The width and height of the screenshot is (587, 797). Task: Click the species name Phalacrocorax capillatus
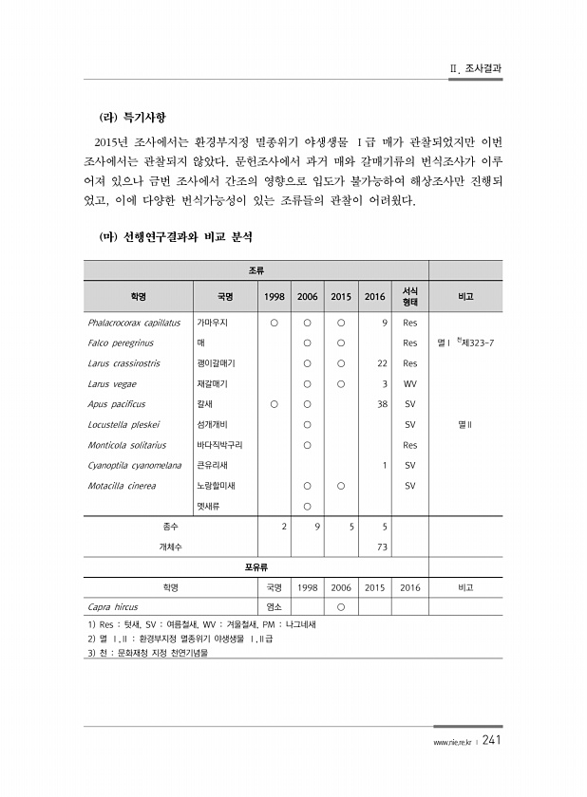[x=134, y=323]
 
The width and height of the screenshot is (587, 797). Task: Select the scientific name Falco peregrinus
[x=121, y=343]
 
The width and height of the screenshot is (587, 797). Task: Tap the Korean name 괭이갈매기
[x=216, y=363]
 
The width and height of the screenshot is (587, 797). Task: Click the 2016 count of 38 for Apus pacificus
[x=382, y=404]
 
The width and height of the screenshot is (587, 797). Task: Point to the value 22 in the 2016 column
[x=382, y=363]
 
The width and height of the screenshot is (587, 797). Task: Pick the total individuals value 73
[x=382, y=547]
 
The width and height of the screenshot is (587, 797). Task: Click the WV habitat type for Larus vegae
[x=410, y=384]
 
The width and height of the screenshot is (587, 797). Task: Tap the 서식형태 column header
[x=410, y=296]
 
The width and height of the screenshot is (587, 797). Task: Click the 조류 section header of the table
[x=256, y=270]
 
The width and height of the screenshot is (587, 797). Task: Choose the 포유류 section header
[x=256, y=567]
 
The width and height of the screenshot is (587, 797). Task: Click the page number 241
[x=491, y=740]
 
